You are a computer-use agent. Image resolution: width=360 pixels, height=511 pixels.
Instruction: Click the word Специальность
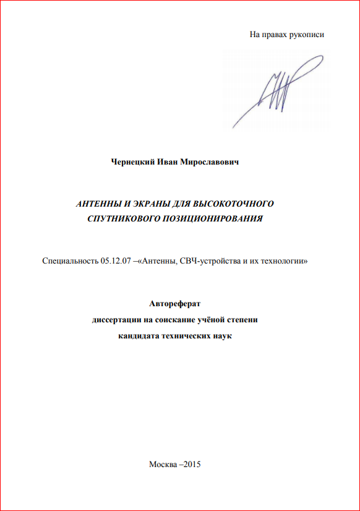[x=70, y=262]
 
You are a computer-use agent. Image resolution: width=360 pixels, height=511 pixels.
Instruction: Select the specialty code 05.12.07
[x=116, y=262]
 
